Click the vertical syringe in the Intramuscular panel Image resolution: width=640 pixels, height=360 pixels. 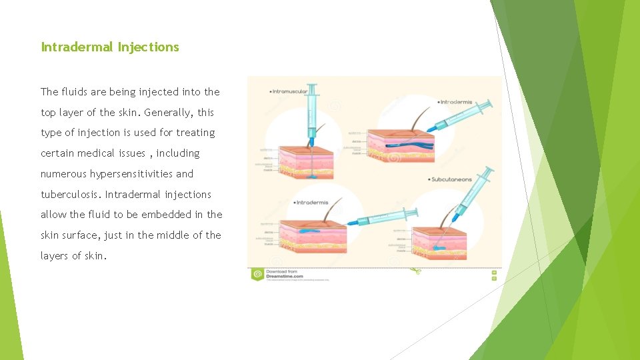[x=311, y=113]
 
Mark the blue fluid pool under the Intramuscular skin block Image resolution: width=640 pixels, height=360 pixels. [x=312, y=179]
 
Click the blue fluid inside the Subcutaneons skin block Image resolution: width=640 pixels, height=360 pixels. [x=439, y=249]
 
